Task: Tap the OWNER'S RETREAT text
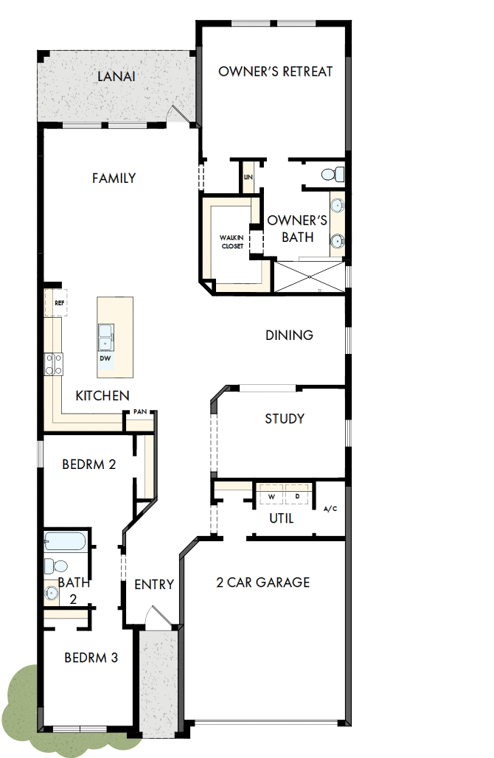(276, 72)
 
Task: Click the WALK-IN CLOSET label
(232, 242)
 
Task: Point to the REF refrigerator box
(59, 303)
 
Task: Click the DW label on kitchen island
(105, 358)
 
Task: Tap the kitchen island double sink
(105, 337)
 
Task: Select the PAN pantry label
(139, 412)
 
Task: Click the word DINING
(289, 335)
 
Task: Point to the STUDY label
(285, 419)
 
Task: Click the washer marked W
(271, 496)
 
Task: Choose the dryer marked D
(297, 496)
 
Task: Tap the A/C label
(330, 509)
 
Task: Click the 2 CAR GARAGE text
(263, 583)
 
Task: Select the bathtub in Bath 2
(64, 543)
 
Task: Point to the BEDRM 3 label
(91, 658)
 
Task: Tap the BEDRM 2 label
(88, 465)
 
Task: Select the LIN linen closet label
(248, 178)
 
